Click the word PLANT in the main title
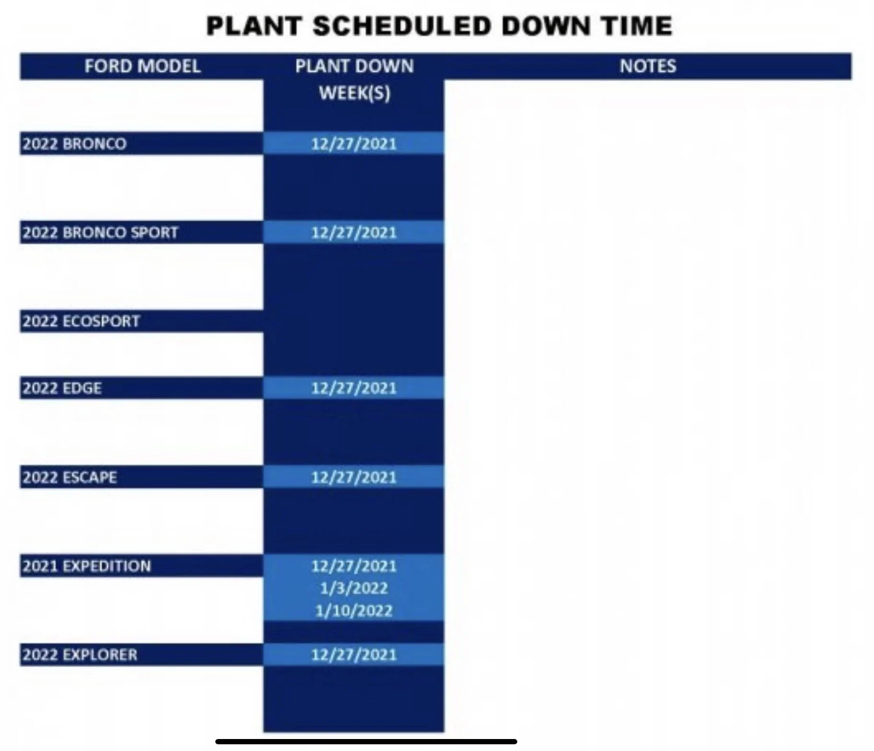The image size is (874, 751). tap(254, 26)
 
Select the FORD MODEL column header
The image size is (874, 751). tap(142, 66)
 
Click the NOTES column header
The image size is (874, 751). tap(648, 66)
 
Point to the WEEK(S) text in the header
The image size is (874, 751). tap(354, 93)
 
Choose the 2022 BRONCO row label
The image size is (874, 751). tap(74, 144)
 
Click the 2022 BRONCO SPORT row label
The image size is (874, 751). tap(100, 232)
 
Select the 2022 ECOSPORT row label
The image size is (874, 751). tap(81, 321)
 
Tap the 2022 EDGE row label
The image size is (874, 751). tap(62, 388)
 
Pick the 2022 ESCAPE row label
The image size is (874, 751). tap(70, 477)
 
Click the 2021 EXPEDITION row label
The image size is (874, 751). tap(86, 566)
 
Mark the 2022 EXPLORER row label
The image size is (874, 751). tap(80, 655)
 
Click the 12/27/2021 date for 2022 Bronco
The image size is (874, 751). tap(354, 144)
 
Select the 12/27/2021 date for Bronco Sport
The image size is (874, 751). tap(354, 232)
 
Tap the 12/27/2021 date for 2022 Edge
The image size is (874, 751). tap(354, 388)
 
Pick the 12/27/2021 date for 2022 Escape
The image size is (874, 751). tap(354, 477)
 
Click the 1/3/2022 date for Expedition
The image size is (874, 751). tap(354, 588)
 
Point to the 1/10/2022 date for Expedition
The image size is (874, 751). tap(354, 611)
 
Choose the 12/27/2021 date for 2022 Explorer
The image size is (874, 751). tap(354, 655)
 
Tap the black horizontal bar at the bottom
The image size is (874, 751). tap(366, 741)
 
